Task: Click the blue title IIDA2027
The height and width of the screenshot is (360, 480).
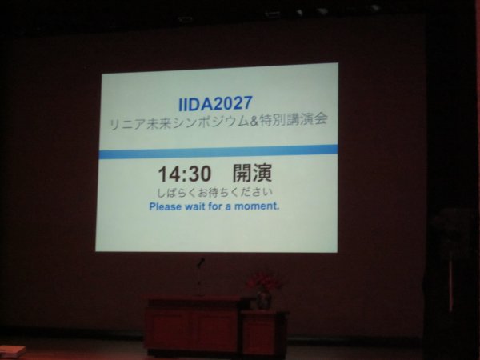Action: pyautogui.click(x=215, y=103)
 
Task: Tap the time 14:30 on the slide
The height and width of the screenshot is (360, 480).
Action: pyautogui.click(x=185, y=174)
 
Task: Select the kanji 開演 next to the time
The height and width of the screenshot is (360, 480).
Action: pyautogui.click(x=252, y=173)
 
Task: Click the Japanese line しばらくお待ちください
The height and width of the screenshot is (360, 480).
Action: pyautogui.click(x=214, y=193)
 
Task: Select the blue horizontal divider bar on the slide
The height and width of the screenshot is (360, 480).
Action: pyautogui.click(x=218, y=152)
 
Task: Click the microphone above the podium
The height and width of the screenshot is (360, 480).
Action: pyautogui.click(x=201, y=262)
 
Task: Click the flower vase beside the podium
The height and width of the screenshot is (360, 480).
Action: pyautogui.click(x=263, y=299)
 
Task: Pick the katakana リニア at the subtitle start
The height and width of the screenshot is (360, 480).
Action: pyautogui.click(x=127, y=124)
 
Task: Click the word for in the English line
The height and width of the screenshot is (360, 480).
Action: pyautogui.click(x=215, y=206)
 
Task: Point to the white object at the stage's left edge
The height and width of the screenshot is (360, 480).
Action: pyautogui.click(x=12, y=352)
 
